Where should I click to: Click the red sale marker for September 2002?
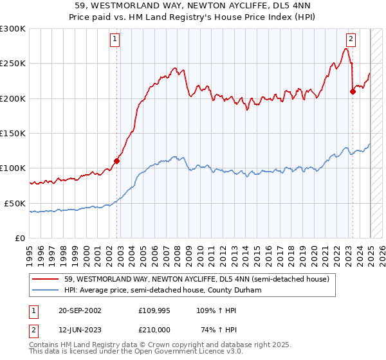coord(117,161)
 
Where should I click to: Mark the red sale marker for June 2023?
coord(353,91)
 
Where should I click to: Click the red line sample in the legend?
coord(46,279)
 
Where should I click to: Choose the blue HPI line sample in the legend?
coord(46,290)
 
